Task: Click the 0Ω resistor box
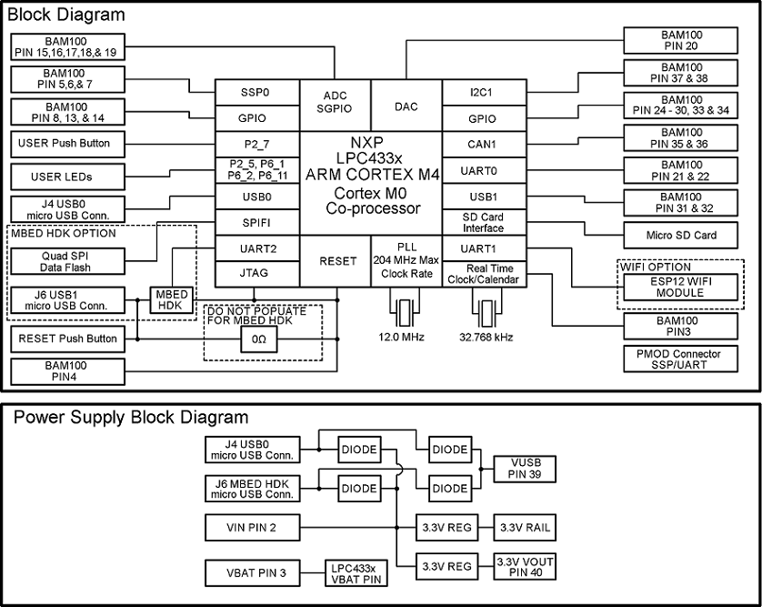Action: tap(253, 339)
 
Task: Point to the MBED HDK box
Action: tap(173, 300)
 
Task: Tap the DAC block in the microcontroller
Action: tap(406, 106)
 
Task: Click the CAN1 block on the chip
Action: tap(484, 145)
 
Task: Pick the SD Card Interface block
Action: tap(484, 222)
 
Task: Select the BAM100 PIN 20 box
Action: tap(681, 41)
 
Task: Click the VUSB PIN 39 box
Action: tap(523, 469)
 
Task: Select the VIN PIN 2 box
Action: tap(251, 527)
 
